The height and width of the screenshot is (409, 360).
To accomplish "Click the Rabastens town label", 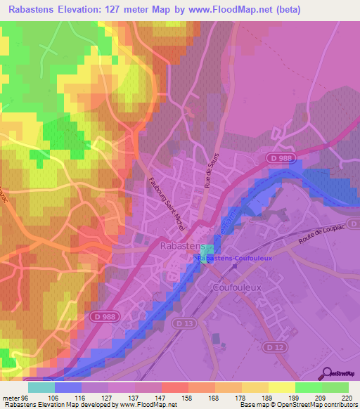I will tap(181, 246).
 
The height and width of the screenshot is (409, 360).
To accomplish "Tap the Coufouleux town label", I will tap(236, 287).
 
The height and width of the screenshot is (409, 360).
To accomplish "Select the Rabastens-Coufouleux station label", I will tap(240, 259).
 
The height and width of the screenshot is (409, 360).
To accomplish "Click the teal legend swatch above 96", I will tap(41, 387).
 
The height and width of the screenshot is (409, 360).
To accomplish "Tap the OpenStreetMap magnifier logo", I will tap(325, 373).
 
